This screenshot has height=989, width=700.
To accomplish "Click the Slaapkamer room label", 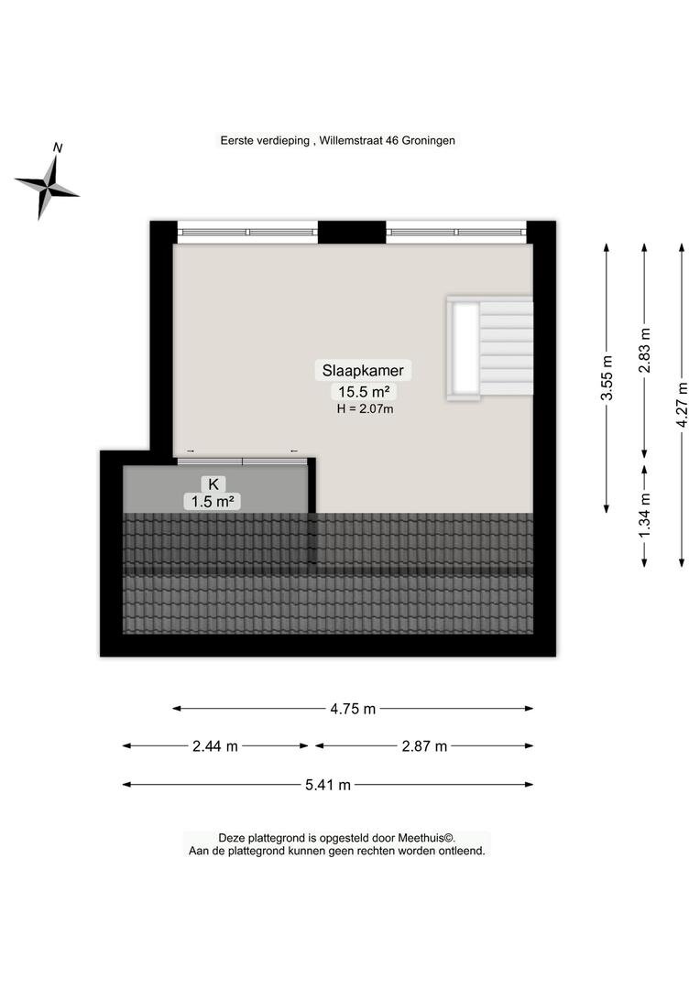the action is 363,370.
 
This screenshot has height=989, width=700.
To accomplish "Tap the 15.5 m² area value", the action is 364,392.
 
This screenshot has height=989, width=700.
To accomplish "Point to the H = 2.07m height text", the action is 365,408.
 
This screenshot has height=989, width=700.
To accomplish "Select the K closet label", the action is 213,484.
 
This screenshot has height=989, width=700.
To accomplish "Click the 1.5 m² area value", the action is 213,502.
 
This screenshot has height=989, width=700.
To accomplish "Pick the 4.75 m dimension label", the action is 353,709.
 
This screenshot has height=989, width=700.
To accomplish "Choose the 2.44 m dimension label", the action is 215,746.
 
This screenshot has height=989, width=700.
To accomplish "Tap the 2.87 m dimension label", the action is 424,746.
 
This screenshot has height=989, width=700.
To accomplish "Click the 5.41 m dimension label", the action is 328,786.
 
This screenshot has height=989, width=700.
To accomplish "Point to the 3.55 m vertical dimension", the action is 607,378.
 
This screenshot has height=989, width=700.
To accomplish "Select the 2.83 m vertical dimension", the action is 644,350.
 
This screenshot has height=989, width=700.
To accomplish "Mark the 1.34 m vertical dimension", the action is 644,516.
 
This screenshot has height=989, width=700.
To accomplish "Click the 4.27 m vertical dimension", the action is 682,405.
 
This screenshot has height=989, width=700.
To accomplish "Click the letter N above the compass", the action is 58,147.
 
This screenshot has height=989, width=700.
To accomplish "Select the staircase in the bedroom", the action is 490,349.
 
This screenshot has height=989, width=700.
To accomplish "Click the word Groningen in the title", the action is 429,141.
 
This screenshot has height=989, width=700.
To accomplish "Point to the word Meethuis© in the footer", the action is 426,838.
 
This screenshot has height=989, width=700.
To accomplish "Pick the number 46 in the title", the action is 392,141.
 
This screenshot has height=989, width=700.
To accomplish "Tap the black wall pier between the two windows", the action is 352,232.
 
